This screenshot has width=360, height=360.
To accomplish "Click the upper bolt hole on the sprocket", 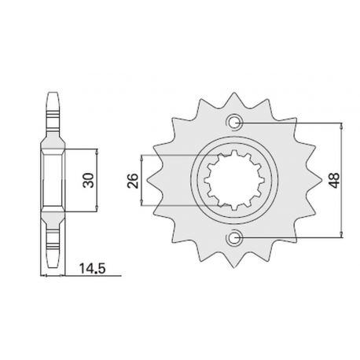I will click(234, 123).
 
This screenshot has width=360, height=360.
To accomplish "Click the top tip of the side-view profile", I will click(53, 93).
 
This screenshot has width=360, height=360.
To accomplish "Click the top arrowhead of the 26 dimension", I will click(141, 154).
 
